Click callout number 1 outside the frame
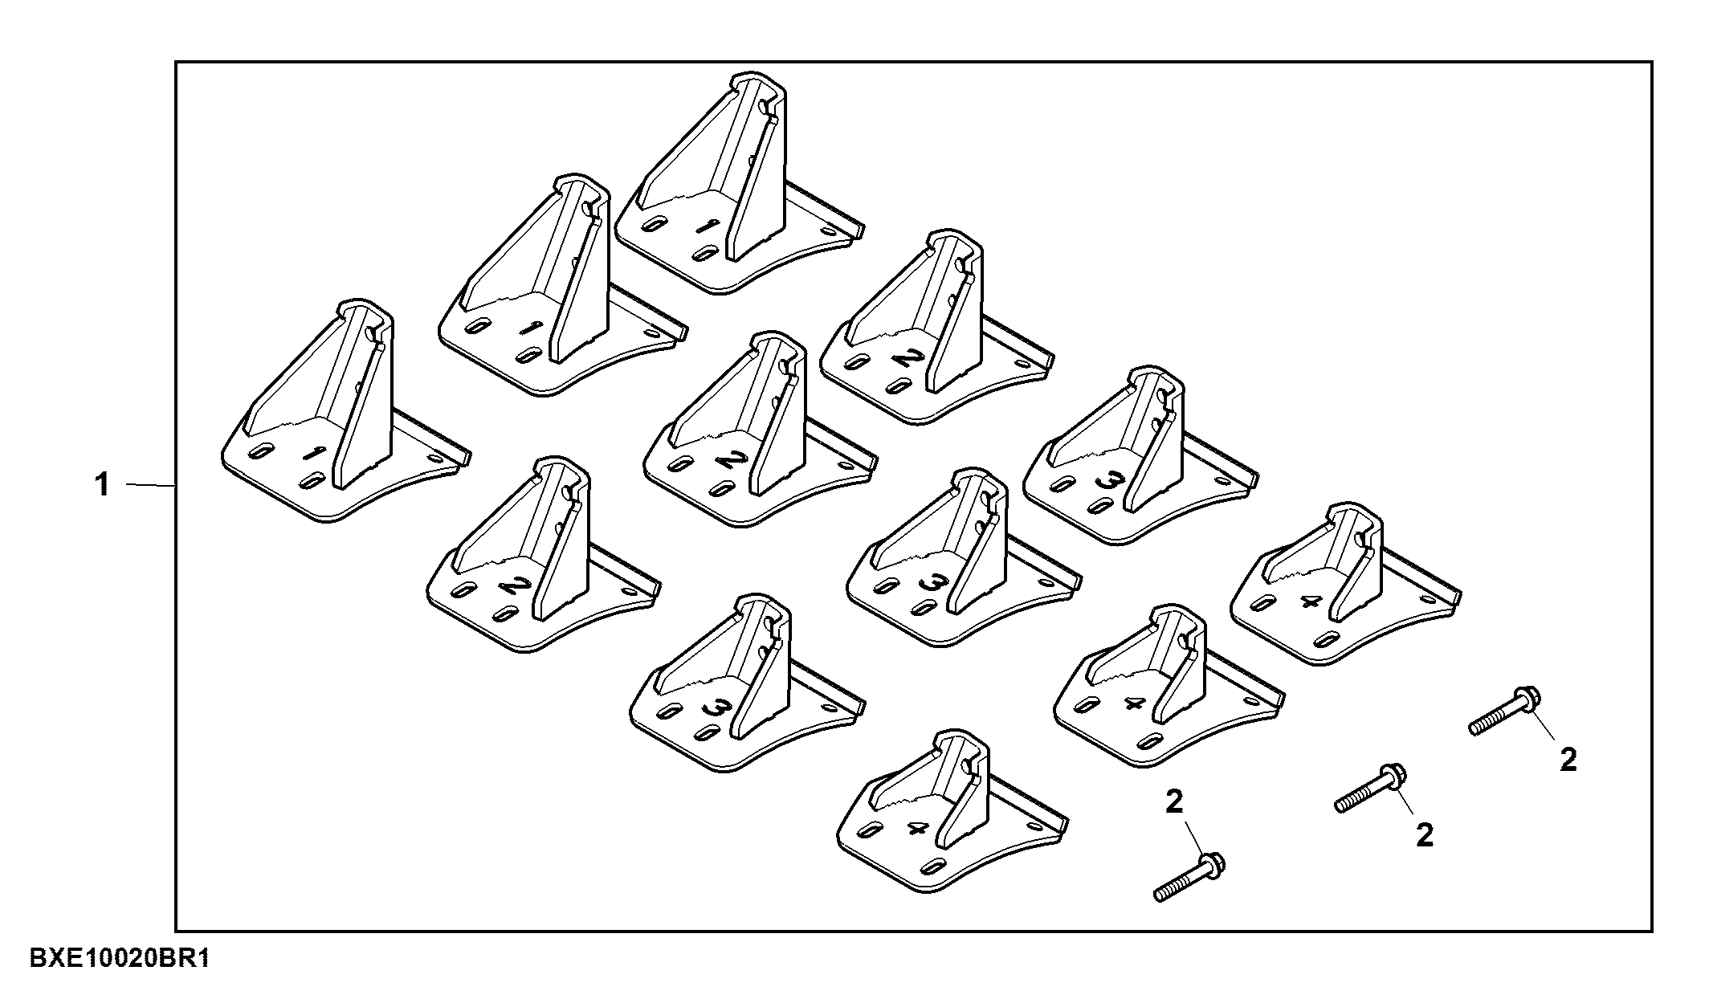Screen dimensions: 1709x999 click(x=102, y=485)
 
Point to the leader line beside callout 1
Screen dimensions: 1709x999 click(x=151, y=485)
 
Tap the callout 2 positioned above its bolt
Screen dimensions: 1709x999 click(x=1174, y=801)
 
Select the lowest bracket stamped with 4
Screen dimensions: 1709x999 click(x=952, y=811)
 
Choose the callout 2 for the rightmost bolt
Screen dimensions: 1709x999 click(x=1568, y=760)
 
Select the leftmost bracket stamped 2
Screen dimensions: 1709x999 click(x=544, y=553)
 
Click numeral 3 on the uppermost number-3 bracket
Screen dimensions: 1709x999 click(x=1109, y=481)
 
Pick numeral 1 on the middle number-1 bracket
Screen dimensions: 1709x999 click(x=528, y=328)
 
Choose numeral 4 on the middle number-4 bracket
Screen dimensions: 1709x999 click(x=1133, y=704)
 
